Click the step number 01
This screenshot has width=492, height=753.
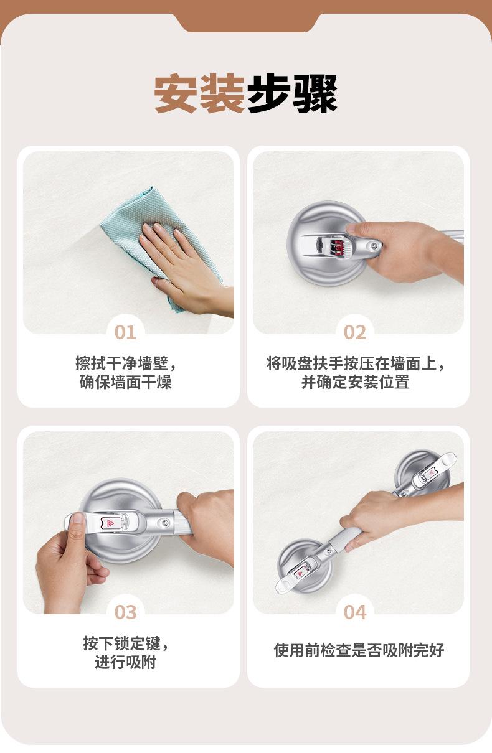click(125, 332)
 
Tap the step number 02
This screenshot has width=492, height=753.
click(355, 332)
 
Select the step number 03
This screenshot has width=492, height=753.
click(125, 612)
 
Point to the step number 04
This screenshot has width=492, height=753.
click(355, 612)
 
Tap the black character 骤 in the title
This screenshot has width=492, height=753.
click(315, 93)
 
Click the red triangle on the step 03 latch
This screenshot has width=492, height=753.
click(109, 523)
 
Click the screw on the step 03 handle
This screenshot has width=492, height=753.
click(164, 522)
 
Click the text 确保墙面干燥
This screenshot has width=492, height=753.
click(126, 382)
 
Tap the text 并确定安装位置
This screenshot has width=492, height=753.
click(355, 382)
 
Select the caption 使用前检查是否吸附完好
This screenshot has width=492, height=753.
click(359, 650)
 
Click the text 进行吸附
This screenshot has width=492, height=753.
click(126, 662)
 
